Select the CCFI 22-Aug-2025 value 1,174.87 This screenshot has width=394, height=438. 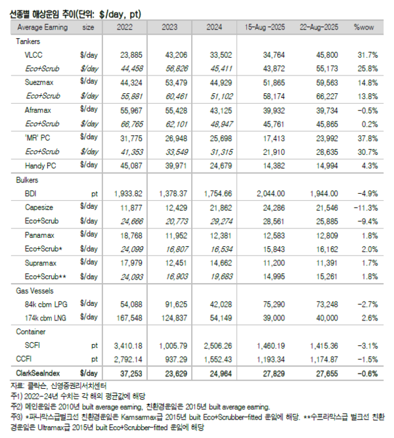323,359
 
